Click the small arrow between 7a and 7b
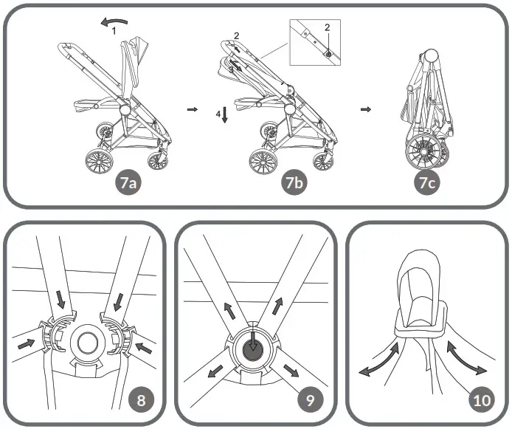tap(193, 109)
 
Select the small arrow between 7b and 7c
tap(365, 109)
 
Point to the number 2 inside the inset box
tap(327, 27)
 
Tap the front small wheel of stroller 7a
tap(160, 160)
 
